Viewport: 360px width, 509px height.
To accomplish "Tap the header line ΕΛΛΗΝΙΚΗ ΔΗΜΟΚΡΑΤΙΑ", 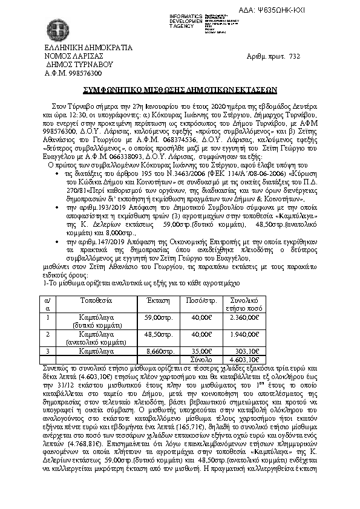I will click(x=80, y=47).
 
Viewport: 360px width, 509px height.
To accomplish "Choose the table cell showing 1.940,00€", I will click(x=243, y=334).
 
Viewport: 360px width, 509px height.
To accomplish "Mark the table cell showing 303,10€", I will click(x=247, y=350).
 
